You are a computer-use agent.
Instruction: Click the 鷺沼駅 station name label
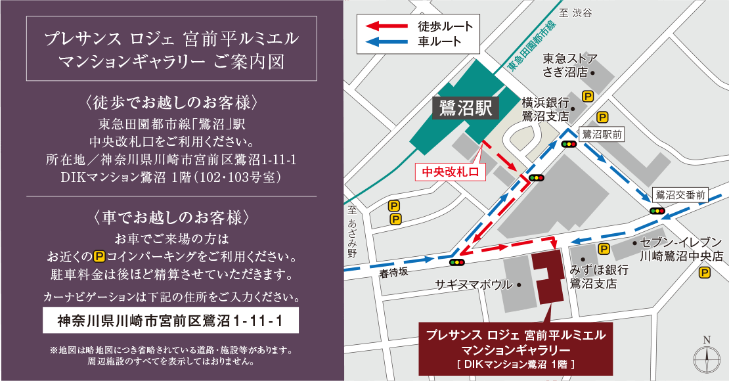(x=466, y=108)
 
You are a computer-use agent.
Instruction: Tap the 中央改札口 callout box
(x=450, y=172)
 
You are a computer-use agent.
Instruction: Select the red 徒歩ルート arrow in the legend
(x=384, y=26)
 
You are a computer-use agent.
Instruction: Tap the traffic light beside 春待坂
(x=456, y=262)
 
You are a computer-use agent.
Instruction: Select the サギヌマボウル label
(x=474, y=285)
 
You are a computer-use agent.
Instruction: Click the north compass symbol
(x=707, y=356)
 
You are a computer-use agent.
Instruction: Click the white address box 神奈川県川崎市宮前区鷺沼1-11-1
(x=170, y=321)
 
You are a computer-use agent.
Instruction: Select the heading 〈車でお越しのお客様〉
(x=170, y=217)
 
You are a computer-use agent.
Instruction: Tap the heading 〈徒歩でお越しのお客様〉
(x=170, y=103)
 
